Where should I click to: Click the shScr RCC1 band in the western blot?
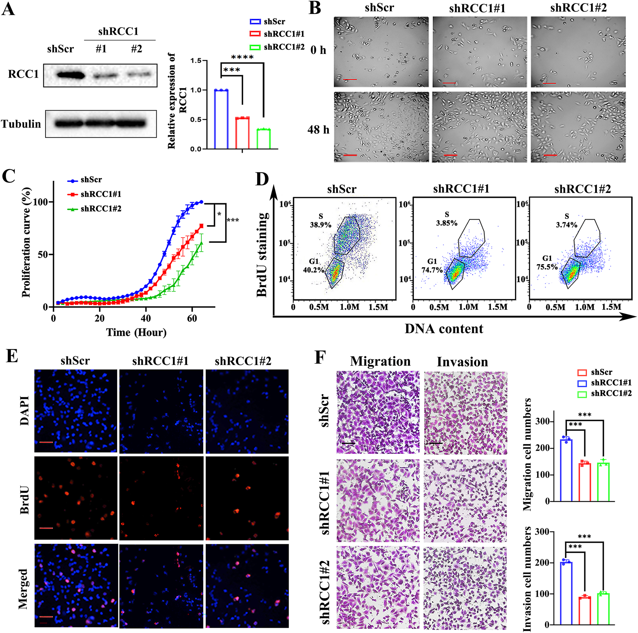[70, 75]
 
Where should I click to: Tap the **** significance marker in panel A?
[242, 58]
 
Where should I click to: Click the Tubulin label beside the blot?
[21, 124]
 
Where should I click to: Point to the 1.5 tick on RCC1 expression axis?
[196, 61]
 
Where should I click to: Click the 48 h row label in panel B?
[318, 130]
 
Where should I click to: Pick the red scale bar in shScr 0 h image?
[350, 79]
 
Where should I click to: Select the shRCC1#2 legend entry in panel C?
[101, 209]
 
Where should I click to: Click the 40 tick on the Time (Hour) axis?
[146, 318]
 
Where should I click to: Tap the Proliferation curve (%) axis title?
[26, 242]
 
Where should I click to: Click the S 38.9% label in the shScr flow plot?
[320, 221]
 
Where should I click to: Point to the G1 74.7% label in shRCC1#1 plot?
[432, 266]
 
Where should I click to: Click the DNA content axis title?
[444, 329]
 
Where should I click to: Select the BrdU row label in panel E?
[25, 500]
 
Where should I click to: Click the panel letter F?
[320, 358]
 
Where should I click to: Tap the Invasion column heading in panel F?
[462, 362]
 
